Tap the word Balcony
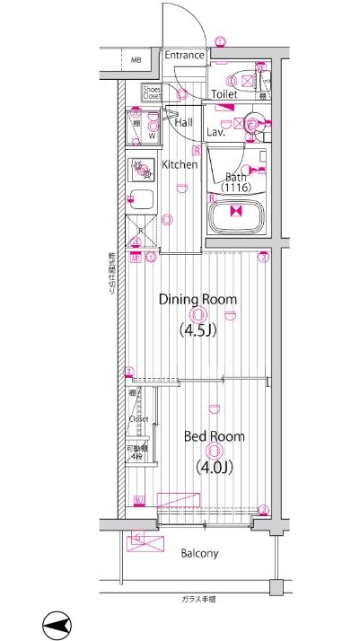click(x=199, y=553)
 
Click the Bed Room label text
click(x=215, y=436)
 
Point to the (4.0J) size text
click(x=215, y=466)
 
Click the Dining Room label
click(x=198, y=299)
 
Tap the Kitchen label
click(x=180, y=164)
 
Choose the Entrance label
click(x=184, y=56)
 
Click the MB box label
click(x=136, y=61)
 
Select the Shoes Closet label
click(x=151, y=92)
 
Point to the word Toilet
click(x=224, y=93)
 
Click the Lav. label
click(x=215, y=131)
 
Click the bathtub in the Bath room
click(x=237, y=215)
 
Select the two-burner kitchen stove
click(x=141, y=168)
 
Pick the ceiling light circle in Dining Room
click(x=198, y=314)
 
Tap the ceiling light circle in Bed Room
click(x=214, y=452)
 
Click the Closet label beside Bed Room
click(x=138, y=418)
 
